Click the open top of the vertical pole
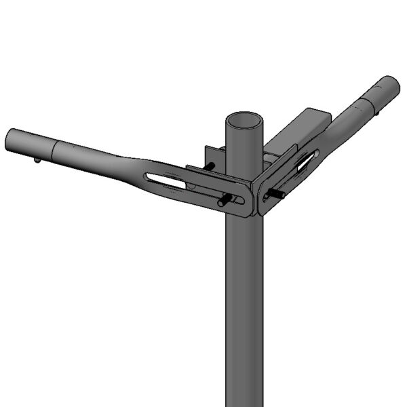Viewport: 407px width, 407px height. (244, 122)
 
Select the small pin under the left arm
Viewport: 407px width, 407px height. (37, 160)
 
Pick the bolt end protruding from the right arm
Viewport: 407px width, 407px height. (277, 194)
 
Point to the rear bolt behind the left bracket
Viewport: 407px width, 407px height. (210, 166)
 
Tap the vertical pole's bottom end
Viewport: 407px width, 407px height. (244, 400)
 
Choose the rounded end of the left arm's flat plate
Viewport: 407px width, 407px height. (248, 203)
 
